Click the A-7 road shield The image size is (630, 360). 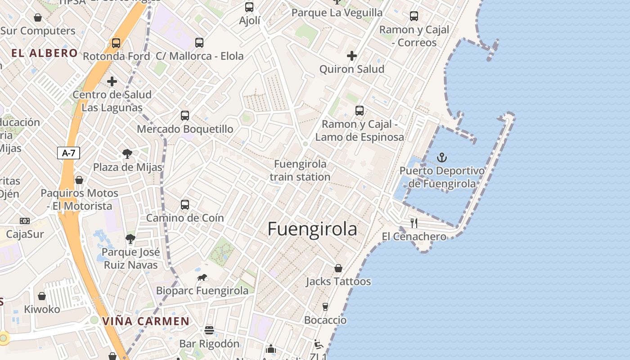(x=68, y=153)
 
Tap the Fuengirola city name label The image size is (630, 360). (x=312, y=229)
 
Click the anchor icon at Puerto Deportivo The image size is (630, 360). (x=442, y=157)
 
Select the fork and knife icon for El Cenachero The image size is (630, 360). (x=414, y=223)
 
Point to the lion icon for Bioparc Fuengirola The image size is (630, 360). (x=202, y=278)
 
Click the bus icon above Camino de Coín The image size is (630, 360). (x=184, y=205)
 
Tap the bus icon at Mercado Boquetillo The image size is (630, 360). (x=184, y=116)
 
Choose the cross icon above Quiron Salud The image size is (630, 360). (x=352, y=56)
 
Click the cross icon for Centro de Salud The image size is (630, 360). (x=112, y=81)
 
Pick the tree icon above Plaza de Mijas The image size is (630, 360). (x=127, y=154)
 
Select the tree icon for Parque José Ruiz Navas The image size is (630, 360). (x=130, y=238)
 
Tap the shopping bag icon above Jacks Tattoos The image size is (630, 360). (x=338, y=268)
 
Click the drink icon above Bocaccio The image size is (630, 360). (x=325, y=307)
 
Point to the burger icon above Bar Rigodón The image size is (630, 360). (x=209, y=330)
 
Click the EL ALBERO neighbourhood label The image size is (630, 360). (x=45, y=53)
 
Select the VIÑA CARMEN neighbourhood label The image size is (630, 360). (x=146, y=321)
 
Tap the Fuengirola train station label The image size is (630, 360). (x=300, y=171)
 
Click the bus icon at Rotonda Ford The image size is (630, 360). (x=116, y=43)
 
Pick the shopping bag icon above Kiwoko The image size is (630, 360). (x=42, y=296)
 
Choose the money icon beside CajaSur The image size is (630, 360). (x=25, y=221)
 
